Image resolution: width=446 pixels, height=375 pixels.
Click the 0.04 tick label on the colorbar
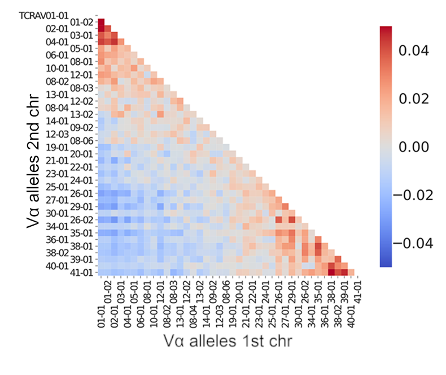pos(414,51)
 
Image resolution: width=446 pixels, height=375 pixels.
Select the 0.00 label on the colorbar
pos(414,147)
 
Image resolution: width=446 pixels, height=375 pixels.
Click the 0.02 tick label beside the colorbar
pos(414,99)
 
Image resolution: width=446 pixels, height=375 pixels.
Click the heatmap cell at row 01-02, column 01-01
pos(102,22)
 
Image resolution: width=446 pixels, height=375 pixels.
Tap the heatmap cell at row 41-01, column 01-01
pos(102,272)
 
